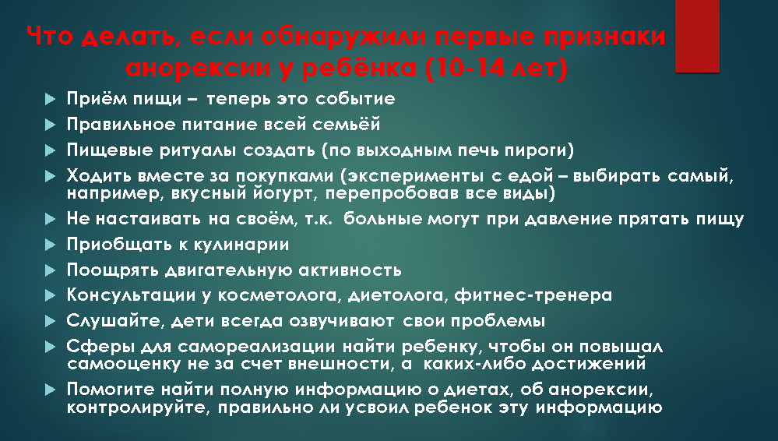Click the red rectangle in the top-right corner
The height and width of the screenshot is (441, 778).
pyautogui.click(x=697, y=36)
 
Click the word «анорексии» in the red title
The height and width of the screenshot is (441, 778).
pyautogui.click(x=199, y=68)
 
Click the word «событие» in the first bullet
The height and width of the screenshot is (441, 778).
pyautogui.click(x=355, y=98)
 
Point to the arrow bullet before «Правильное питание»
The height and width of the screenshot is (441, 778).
pyautogui.click(x=50, y=125)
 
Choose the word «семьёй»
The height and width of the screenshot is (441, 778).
pyautogui.click(x=347, y=124)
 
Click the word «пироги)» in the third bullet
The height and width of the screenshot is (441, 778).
pyautogui.click(x=540, y=150)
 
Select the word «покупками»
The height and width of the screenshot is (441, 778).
pyautogui.click(x=284, y=176)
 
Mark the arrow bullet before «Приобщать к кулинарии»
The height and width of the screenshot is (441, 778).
pyautogui.click(x=50, y=245)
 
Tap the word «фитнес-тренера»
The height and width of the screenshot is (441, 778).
pyautogui.click(x=533, y=295)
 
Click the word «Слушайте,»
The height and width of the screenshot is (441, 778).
pyautogui.click(x=114, y=321)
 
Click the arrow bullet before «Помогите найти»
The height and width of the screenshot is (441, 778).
pyautogui.click(x=50, y=390)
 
